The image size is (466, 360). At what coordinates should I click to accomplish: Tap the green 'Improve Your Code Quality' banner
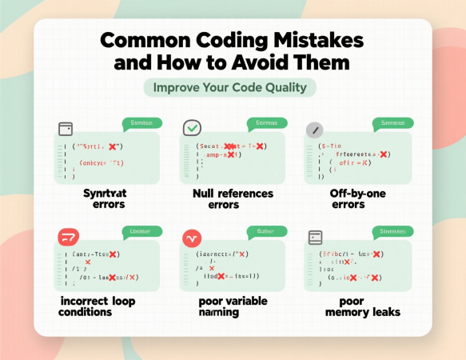230,87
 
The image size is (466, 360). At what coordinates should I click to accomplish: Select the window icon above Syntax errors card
66,128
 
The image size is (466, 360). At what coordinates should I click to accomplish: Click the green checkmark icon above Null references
192,128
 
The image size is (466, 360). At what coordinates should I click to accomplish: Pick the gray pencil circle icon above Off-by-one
316,128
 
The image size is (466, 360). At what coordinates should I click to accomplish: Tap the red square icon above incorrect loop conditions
68,237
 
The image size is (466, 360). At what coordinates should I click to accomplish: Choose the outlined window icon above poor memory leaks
316,237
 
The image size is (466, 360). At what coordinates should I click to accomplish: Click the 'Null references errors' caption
233,198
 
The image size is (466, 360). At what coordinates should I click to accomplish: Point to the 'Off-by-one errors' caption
357,198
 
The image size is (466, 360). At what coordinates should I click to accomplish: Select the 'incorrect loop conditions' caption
98,306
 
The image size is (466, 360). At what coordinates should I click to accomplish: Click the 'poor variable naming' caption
233,306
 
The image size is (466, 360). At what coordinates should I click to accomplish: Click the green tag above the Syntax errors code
141,123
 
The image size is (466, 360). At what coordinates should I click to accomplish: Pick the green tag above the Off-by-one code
392,123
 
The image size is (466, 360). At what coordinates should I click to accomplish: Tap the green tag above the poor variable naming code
266,232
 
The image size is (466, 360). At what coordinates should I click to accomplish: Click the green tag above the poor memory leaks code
392,232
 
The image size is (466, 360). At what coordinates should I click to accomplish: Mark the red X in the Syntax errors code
114,147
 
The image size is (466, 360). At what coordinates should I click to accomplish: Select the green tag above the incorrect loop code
141,232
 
